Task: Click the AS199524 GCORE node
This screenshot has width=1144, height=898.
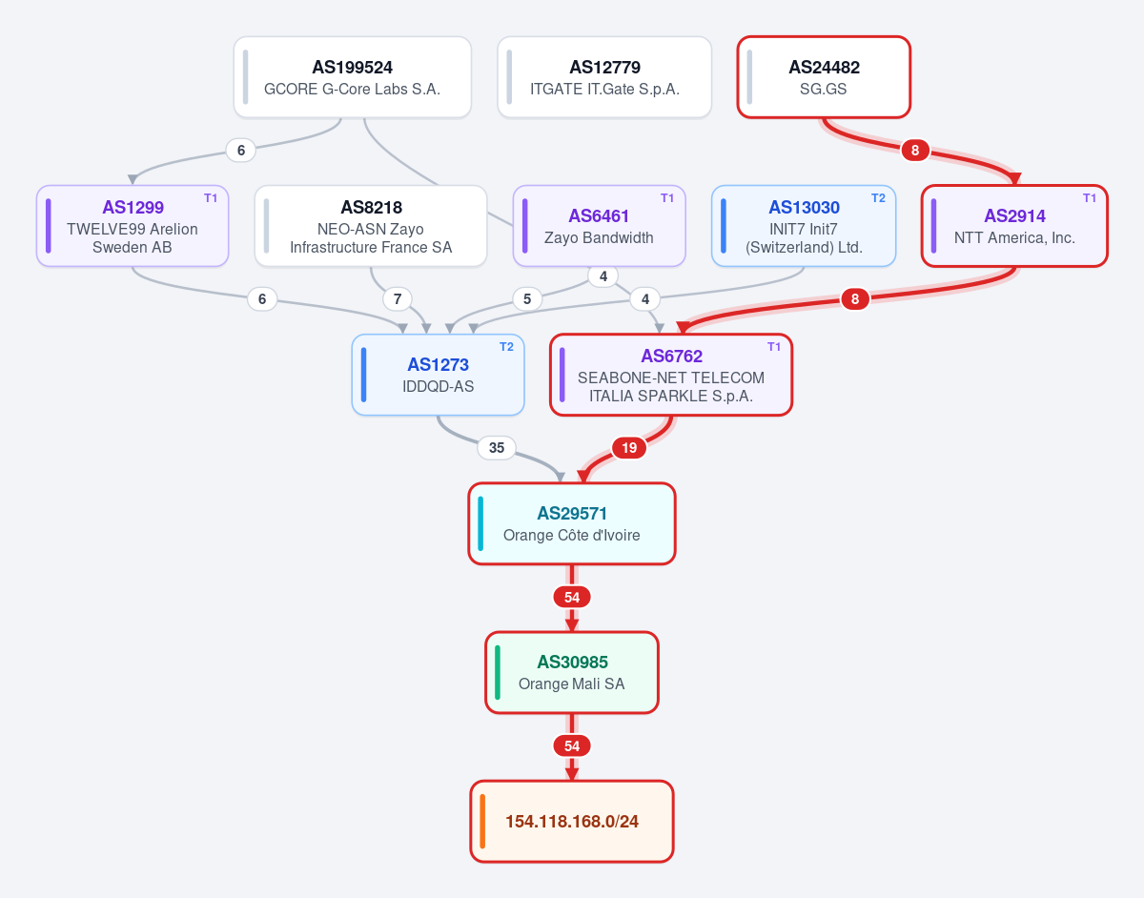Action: (x=352, y=77)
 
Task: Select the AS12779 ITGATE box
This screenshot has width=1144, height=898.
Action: (x=604, y=77)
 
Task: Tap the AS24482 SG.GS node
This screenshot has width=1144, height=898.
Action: (x=824, y=77)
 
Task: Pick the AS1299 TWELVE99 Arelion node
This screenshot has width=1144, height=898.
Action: (x=133, y=226)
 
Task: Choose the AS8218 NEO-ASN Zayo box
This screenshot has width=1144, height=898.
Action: (x=371, y=226)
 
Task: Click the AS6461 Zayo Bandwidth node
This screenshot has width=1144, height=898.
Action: (x=599, y=226)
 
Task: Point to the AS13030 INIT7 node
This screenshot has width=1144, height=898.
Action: (x=804, y=226)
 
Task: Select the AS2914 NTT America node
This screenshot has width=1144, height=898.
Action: (x=1014, y=226)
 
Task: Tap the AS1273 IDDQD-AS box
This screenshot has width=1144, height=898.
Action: (x=438, y=375)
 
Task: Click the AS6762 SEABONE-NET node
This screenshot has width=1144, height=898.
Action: (x=671, y=375)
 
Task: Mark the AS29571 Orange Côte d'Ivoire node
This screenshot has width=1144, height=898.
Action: (x=572, y=523)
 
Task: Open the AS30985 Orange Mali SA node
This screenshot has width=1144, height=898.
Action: (x=572, y=673)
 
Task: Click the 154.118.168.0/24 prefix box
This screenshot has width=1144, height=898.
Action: (x=572, y=821)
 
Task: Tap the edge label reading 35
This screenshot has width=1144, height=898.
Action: (x=497, y=448)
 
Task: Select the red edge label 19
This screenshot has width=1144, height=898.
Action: (x=629, y=448)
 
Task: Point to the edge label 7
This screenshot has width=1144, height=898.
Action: (x=398, y=299)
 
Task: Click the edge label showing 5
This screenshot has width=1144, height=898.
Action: (x=527, y=299)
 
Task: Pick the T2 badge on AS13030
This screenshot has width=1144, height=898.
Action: (x=878, y=198)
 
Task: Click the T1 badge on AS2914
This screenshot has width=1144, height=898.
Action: (x=1090, y=198)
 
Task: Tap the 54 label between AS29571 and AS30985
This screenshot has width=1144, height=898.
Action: (x=572, y=598)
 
